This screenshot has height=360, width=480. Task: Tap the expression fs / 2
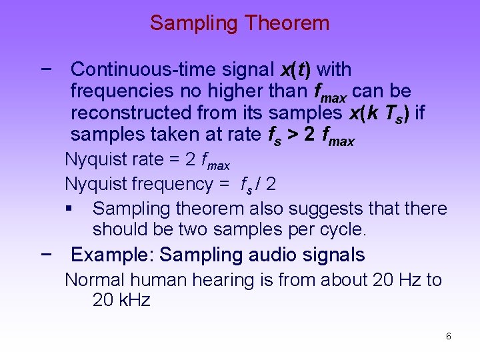point(258,183)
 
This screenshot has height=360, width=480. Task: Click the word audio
point(271,255)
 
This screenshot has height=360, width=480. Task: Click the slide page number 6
point(448,337)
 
